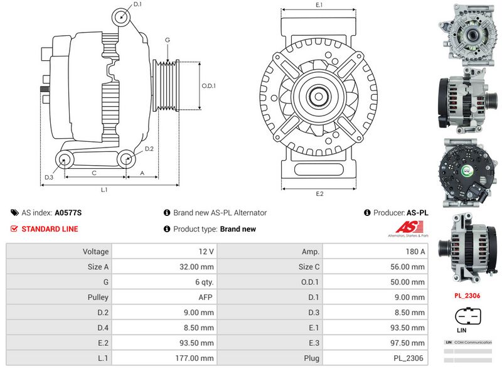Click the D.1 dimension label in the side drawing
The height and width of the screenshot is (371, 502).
click(137, 4)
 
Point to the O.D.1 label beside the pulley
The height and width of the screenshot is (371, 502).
click(208, 86)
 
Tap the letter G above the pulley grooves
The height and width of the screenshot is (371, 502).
click(168, 40)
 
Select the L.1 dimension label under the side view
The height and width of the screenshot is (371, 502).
click(105, 189)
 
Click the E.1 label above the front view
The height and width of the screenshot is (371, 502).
click(319, 5)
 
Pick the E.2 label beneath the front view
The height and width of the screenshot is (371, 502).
click(319, 193)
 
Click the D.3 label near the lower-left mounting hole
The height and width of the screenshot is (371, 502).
click(49, 178)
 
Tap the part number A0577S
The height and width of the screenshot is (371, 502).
click(68, 213)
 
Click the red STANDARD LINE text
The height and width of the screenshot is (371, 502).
click(50, 229)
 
